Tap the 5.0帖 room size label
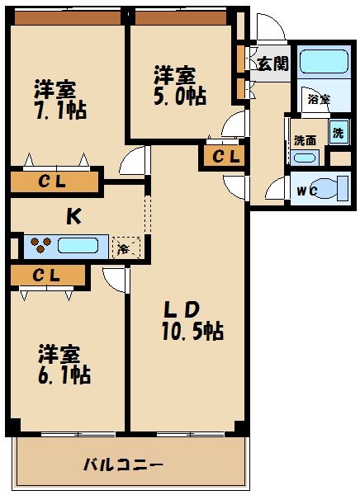179,96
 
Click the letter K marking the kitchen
73,216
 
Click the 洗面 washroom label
305,139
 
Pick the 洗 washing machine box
339,131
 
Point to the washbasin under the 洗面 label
305,158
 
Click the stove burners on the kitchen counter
40,245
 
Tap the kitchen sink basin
79,245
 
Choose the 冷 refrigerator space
125,247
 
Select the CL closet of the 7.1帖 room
50,181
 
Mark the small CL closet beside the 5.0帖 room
224,155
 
